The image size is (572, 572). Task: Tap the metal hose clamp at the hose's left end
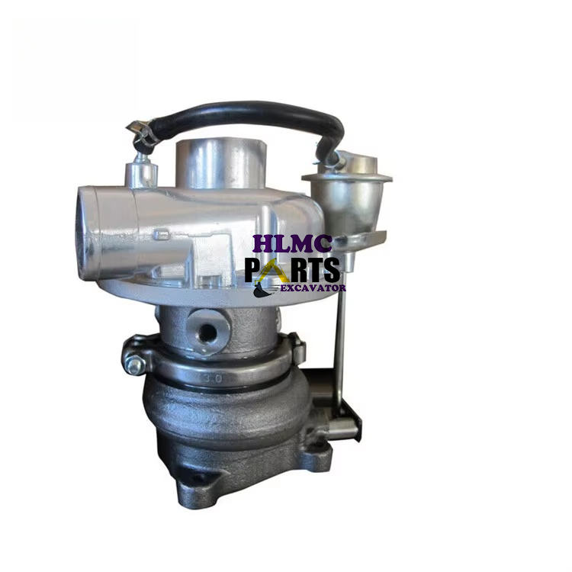pos(142,132)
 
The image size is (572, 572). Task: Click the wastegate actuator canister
pos(347,197)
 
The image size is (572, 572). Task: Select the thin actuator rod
pos(340,346)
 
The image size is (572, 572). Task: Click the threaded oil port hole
pos(207,331)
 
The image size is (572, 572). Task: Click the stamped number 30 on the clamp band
pos(214,378)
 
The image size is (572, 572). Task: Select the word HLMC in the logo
pos(293,243)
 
